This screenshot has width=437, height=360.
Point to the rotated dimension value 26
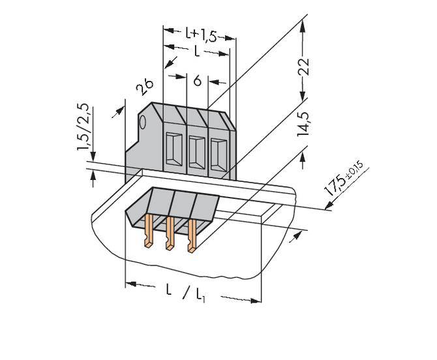pos(145,87)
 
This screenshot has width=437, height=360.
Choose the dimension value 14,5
pos(303,123)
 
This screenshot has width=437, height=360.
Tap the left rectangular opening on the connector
pos(173,151)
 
